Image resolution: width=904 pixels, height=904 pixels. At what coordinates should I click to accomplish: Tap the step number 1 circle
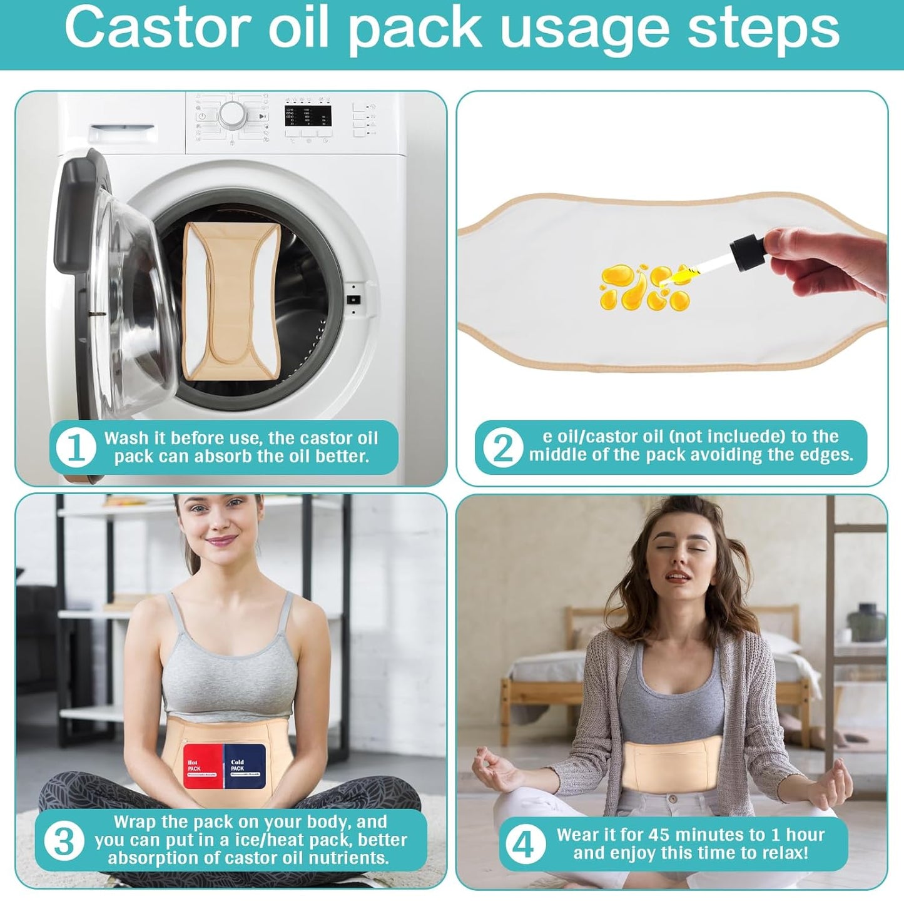pyautogui.click(x=76, y=448)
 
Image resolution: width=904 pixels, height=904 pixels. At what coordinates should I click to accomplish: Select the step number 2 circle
pyautogui.click(x=502, y=448)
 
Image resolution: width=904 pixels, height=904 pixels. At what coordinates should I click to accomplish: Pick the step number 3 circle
pyautogui.click(x=64, y=841)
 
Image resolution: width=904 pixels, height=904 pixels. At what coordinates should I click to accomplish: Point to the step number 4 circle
pyautogui.click(x=524, y=844)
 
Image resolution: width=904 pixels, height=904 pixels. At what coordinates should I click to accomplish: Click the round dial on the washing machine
pyautogui.click(x=232, y=114)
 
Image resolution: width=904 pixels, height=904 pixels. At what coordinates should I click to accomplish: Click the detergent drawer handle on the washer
pyautogui.click(x=122, y=134)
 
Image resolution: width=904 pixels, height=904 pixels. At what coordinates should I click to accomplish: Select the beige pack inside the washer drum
pyautogui.click(x=231, y=301)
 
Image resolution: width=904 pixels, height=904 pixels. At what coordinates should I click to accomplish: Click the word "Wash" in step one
pyautogui.click(x=126, y=438)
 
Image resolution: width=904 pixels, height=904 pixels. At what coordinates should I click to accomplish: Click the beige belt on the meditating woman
pyautogui.click(x=672, y=766)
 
